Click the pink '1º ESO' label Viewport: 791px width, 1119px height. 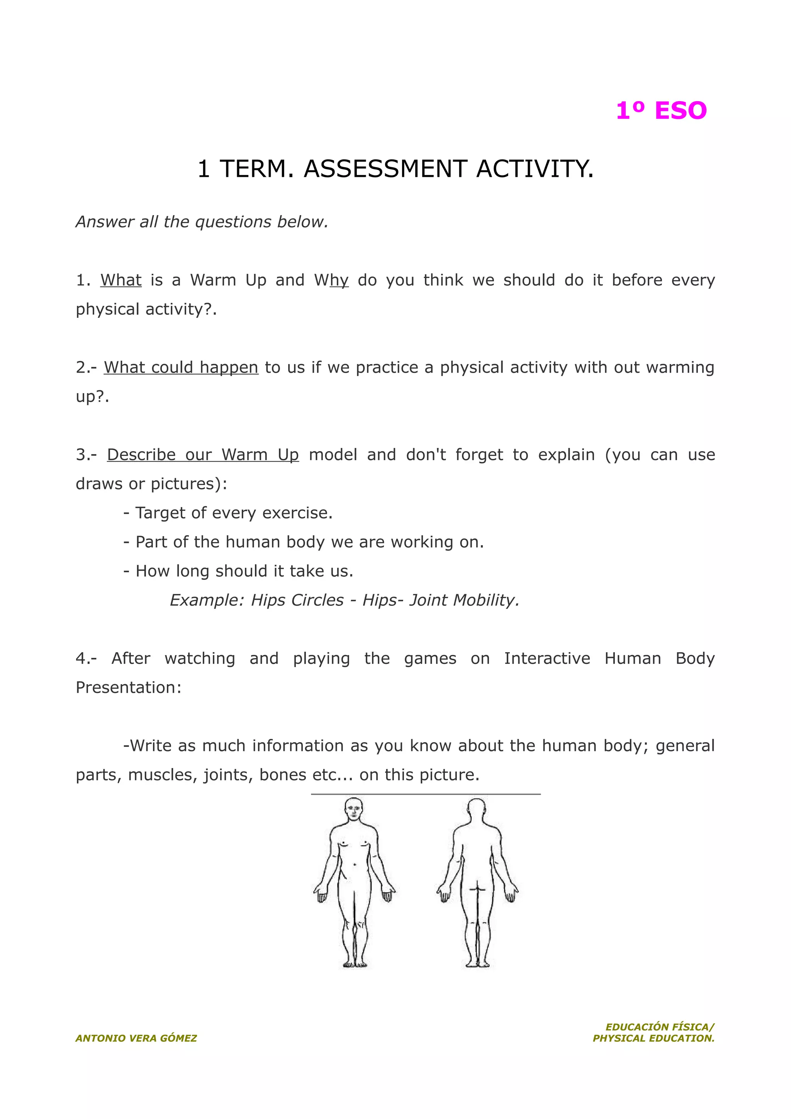[661, 111]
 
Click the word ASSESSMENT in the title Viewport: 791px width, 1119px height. [385, 169]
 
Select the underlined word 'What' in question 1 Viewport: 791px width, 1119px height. [121, 280]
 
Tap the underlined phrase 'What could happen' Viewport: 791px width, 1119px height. [181, 368]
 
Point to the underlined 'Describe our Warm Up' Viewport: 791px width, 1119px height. [203, 455]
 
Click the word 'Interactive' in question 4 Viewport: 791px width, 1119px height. [547, 658]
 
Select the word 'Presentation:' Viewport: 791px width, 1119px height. [129, 688]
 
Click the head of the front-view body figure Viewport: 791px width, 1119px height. [354, 810]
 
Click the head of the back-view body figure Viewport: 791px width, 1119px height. [477, 810]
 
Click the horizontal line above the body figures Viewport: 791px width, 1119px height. [426, 794]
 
